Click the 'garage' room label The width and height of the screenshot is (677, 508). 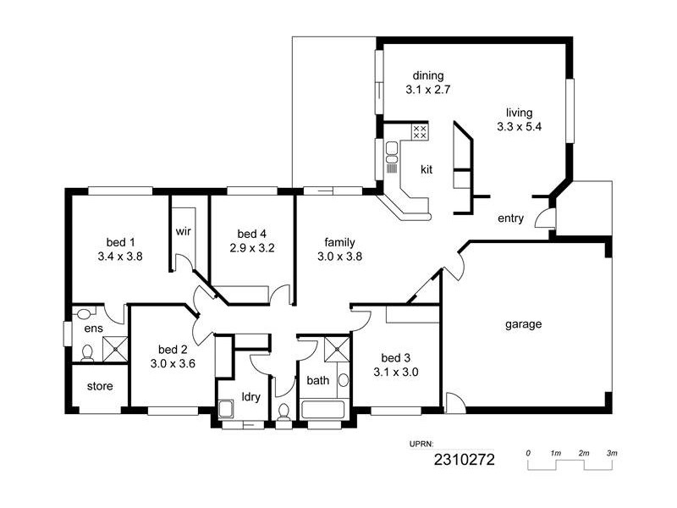[523, 324]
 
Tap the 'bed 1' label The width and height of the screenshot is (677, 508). [120, 240]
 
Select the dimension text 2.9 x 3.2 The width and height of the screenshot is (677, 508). [251, 248]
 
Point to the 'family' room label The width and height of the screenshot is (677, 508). [339, 240]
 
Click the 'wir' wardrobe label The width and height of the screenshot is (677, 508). [184, 231]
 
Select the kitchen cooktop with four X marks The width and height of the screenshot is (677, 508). [419, 131]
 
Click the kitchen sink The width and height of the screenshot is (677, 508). [392, 152]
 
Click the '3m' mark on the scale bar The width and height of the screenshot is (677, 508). [611, 454]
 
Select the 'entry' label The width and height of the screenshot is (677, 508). [510, 218]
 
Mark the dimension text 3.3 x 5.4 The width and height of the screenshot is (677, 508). [519, 127]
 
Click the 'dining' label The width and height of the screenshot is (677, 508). [427, 75]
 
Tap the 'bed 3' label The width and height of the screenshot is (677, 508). [395, 356]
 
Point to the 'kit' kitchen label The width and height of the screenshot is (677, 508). [427, 169]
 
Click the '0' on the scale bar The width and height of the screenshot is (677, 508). [528, 454]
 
